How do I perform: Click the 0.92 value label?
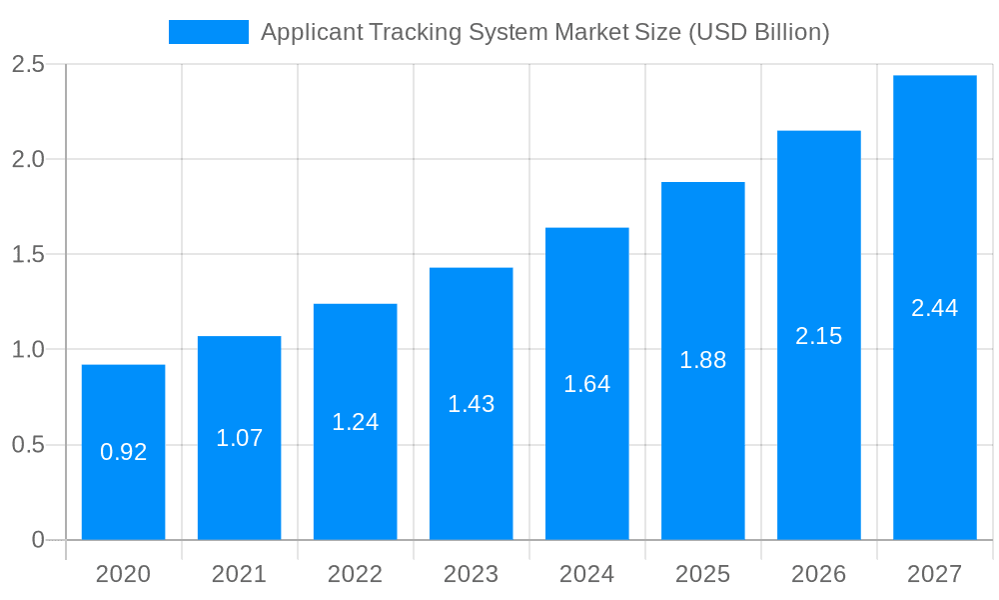(x=123, y=452)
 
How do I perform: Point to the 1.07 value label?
(x=239, y=438)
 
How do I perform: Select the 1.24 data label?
(x=355, y=422)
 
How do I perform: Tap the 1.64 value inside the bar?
(x=586, y=384)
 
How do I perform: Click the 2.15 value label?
(x=818, y=336)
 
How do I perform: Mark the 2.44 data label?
(x=934, y=308)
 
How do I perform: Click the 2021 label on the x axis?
(x=239, y=574)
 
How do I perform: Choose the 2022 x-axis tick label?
(x=355, y=574)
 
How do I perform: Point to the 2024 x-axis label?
(x=586, y=574)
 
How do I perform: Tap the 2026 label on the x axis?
(x=818, y=574)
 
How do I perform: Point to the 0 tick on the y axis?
(x=38, y=540)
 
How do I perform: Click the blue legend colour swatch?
(x=208, y=32)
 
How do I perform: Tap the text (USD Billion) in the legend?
(x=759, y=32)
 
